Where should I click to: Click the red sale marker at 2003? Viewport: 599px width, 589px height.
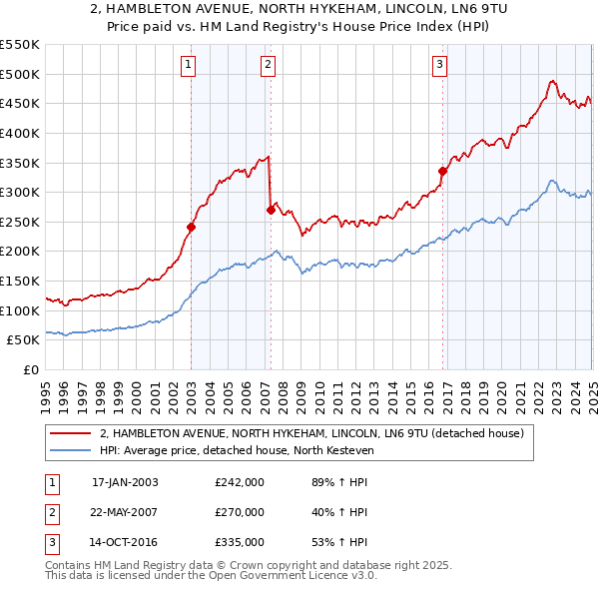(x=191, y=227)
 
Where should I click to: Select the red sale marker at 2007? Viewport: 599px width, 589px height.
(x=270, y=210)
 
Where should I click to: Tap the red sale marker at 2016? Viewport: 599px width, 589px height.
(x=441, y=171)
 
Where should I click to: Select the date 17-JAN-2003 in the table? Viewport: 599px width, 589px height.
(x=125, y=482)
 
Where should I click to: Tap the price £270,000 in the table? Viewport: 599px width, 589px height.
(x=240, y=512)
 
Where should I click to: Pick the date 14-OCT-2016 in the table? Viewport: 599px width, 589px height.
(x=125, y=542)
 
